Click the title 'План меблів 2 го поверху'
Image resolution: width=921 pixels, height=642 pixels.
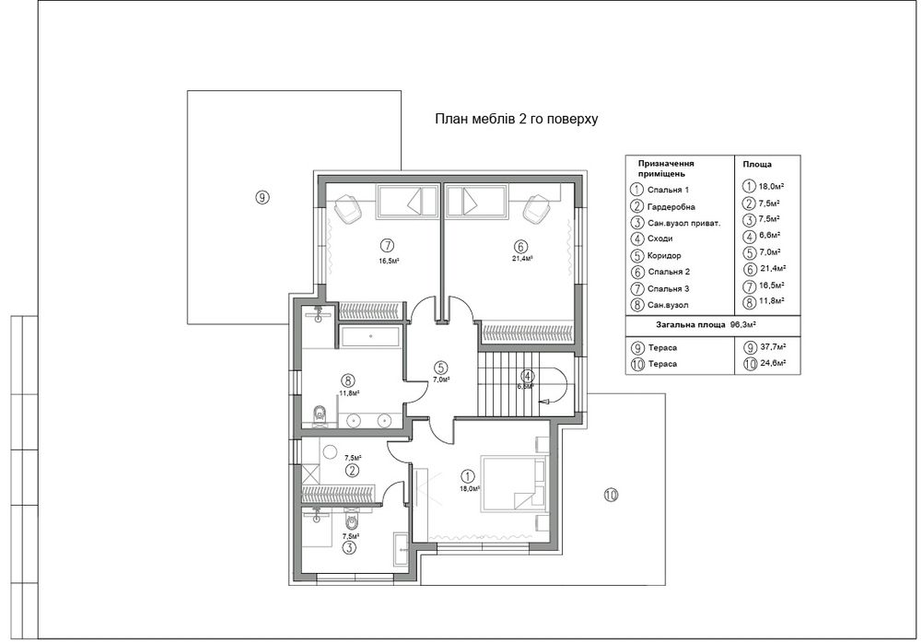pyautogui.click(x=517, y=119)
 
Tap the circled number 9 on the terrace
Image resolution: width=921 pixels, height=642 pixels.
pyautogui.click(x=262, y=197)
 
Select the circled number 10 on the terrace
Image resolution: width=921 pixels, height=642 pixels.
pyautogui.click(x=611, y=495)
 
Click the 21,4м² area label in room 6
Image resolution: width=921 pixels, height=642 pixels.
pyautogui.click(x=522, y=258)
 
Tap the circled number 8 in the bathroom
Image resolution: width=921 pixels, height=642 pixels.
pyautogui.click(x=350, y=381)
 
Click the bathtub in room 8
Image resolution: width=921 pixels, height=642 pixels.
pyautogui.click(x=370, y=336)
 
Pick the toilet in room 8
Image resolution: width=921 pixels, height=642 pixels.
pyautogui.click(x=321, y=414)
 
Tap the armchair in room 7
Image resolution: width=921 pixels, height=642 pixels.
pyautogui.click(x=349, y=208)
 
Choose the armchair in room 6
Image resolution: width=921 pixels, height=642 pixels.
pyautogui.click(x=537, y=208)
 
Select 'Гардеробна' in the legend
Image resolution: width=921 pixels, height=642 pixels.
pyautogui.click(x=671, y=206)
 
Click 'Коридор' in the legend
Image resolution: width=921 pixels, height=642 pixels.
pyautogui.click(x=664, y=255)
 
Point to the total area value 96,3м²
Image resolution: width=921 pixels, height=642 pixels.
pyautogui.click(x=742, y=324)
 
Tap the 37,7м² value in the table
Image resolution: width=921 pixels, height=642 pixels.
pyautogui.click(x=773, y=347)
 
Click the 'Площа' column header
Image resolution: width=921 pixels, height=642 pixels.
pyautogui.click(x=757, y=165)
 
